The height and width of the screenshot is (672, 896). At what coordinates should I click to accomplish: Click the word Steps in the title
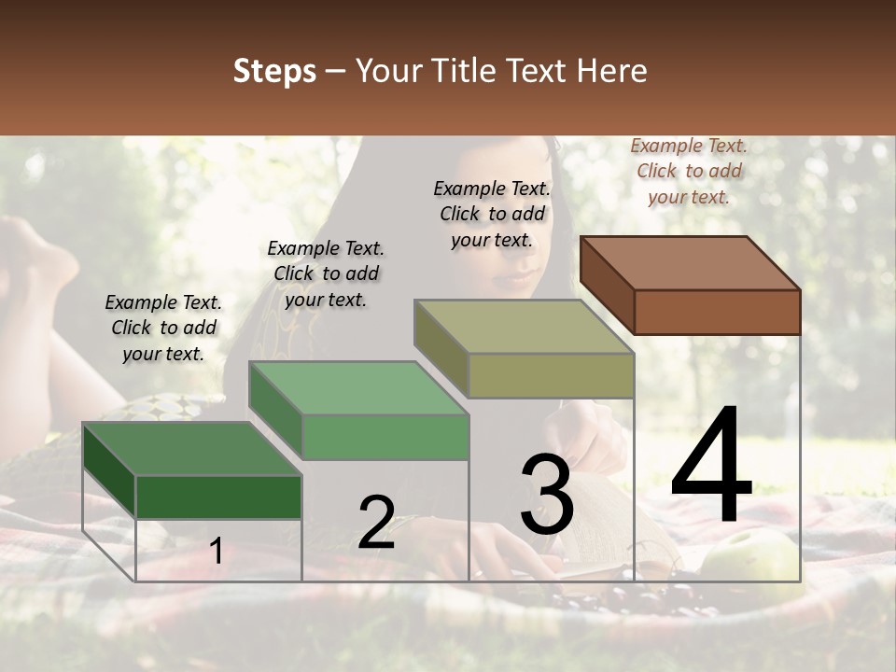274,72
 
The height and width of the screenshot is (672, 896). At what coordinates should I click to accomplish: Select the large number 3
546,495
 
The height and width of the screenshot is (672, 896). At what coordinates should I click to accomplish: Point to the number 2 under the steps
377,523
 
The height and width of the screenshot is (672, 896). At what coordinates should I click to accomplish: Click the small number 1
217,552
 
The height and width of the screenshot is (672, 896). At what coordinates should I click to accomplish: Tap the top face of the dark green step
192,450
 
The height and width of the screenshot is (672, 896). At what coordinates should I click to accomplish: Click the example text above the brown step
689,171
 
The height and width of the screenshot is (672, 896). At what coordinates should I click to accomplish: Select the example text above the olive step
492,214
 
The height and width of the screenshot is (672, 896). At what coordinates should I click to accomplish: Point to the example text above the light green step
326,273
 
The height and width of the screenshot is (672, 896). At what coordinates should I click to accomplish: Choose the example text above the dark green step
163,328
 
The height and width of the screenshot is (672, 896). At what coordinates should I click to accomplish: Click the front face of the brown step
717,312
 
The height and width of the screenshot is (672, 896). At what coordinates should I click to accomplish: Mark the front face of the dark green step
218,497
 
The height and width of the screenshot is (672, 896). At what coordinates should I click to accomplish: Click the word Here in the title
615,72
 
